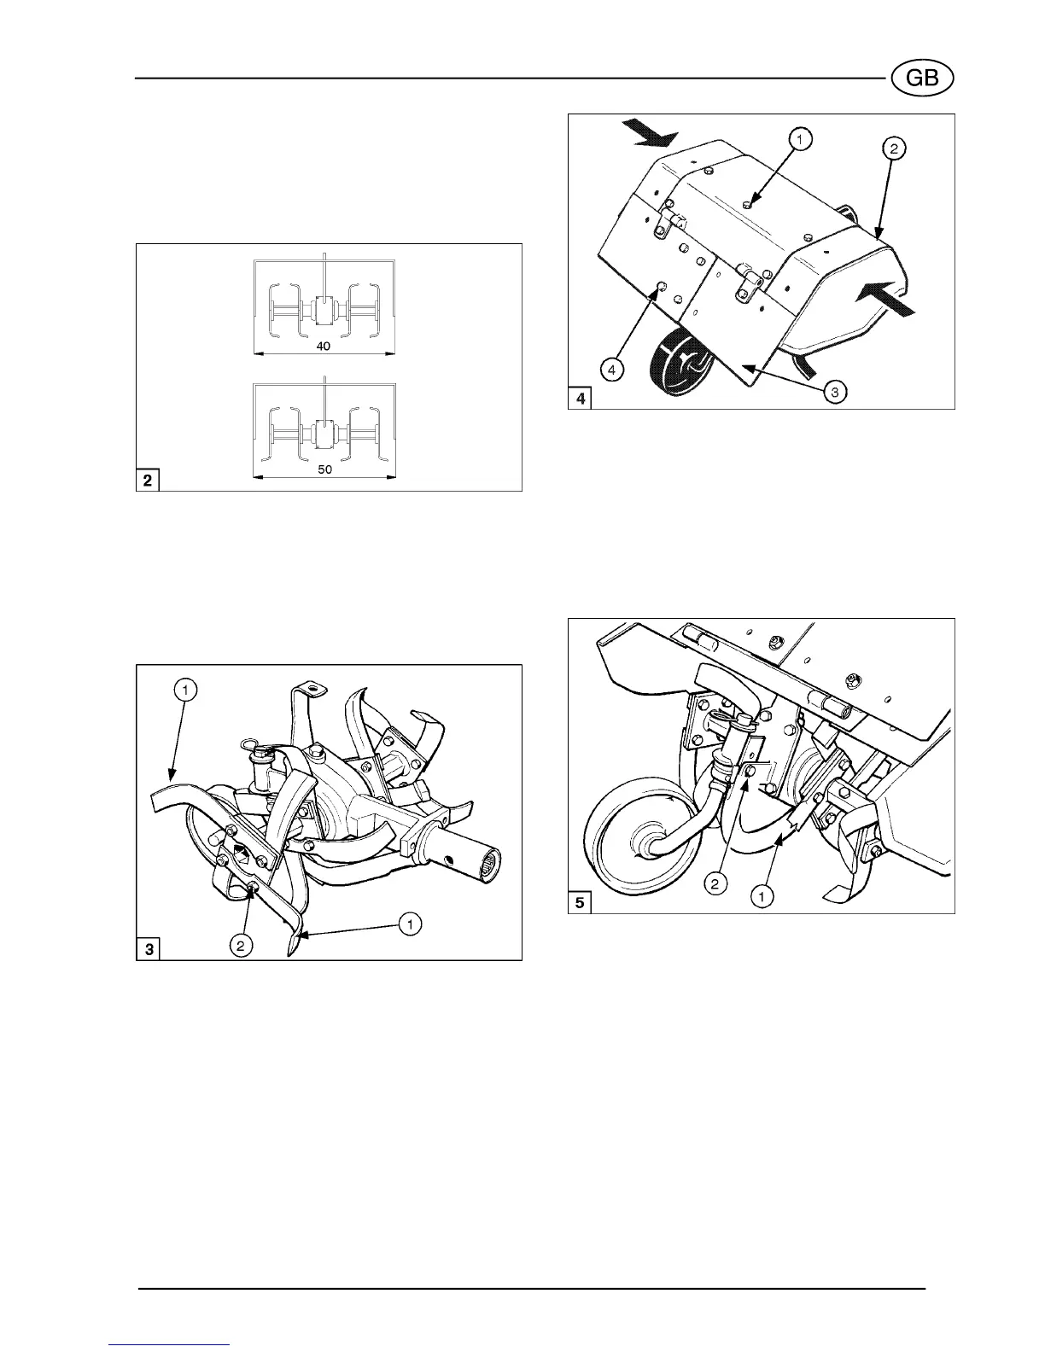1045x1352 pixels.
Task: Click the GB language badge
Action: pyautogui.click(x=922, y=79)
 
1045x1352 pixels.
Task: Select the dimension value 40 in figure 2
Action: pyautogui.click(x=324, y=347)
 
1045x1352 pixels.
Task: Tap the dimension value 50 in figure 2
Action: pyautogui.click(x=324, y=469)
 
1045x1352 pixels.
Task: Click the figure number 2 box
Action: pyautogui.click(x=149, y=481)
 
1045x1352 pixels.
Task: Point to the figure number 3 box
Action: pyautogui.click(x=149, y=949)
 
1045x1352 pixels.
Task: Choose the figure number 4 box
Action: pyautogui.click(x=581, y=399)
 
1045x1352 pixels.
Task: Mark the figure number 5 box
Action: pyautogui.click(x=581, y=903)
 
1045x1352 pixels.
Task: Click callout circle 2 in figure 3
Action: pyautogui.click(x=242, y=946)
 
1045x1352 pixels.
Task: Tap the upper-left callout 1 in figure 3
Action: pyautogui.click(x=187, y=688)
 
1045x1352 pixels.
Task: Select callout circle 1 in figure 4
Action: pyautogui.click(x=801, y=137)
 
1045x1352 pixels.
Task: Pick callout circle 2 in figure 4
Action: pyautogui.click(x=892, y=148)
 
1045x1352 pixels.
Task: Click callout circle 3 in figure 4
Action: pyautogui.click(x=835, y=393)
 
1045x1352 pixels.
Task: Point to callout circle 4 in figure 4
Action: pyautogui.click(x=611, y=370)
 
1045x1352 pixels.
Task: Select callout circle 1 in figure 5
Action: pyautogui.click(x=762, y=895)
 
